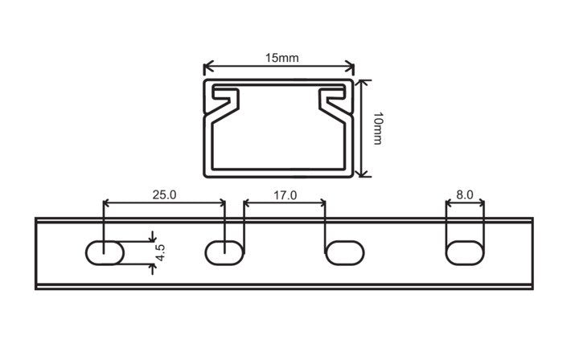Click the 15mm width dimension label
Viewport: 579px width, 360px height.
tap(281, 58)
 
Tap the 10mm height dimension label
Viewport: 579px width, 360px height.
tap(378, 129)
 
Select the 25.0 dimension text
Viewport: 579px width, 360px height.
tap(164, 194)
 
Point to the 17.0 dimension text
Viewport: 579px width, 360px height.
tap(285, 195)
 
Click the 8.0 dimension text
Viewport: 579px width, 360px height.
tap(465, 194)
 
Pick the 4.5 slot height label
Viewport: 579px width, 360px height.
tap(160, 252)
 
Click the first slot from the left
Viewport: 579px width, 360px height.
tap(105, 252)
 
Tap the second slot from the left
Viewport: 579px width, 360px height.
tap(224, 252)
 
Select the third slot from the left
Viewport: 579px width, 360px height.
tap(345, 252)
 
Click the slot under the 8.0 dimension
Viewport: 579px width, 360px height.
tap(465, 252)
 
